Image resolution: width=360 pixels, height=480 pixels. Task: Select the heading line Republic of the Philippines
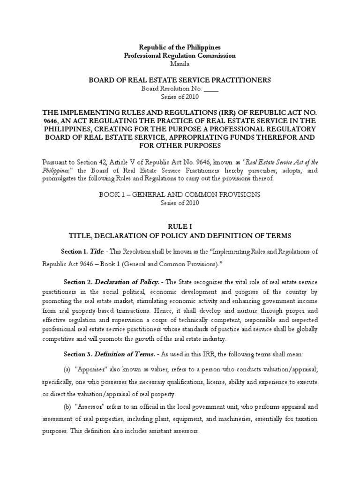[x=180, y=47]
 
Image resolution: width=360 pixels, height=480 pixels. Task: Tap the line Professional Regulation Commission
[x=180, y=55]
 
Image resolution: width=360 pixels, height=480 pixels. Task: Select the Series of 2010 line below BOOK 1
[x=180, y=203]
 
